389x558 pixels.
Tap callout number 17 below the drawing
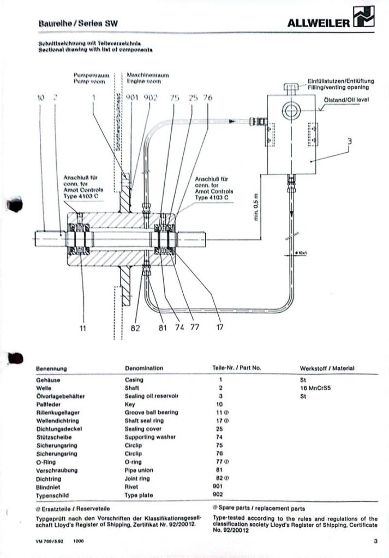[220, 327]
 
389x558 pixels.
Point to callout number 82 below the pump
[136, 328]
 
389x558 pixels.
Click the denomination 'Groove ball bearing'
[151, 412]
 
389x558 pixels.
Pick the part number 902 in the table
[220, 495]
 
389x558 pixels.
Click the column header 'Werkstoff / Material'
[327, 368]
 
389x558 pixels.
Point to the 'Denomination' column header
[143, 368]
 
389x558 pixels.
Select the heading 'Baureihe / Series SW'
[78, 23]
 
